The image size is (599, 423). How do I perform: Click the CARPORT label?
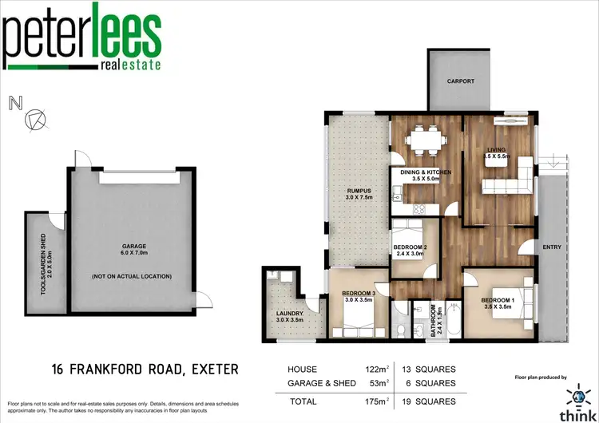click(460, 81)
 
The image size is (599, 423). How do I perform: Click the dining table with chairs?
click(424, 142)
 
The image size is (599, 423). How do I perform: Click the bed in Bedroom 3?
click(356, 314)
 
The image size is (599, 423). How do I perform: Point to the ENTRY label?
click(551, 247)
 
